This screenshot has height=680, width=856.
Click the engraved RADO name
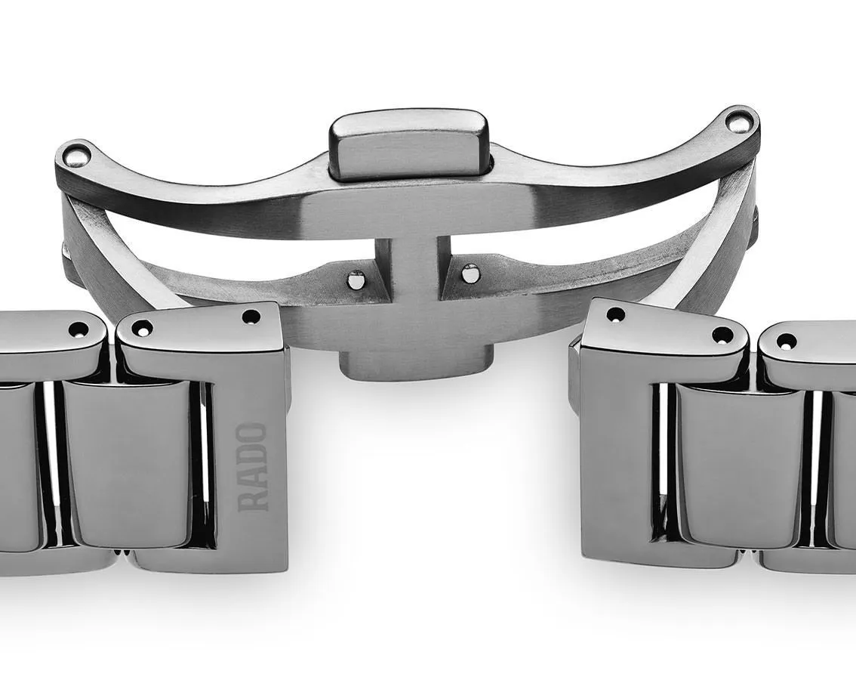point(252,467)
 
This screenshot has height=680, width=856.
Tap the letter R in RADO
point(252,501)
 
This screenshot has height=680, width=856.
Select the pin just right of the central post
point(469,272)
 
